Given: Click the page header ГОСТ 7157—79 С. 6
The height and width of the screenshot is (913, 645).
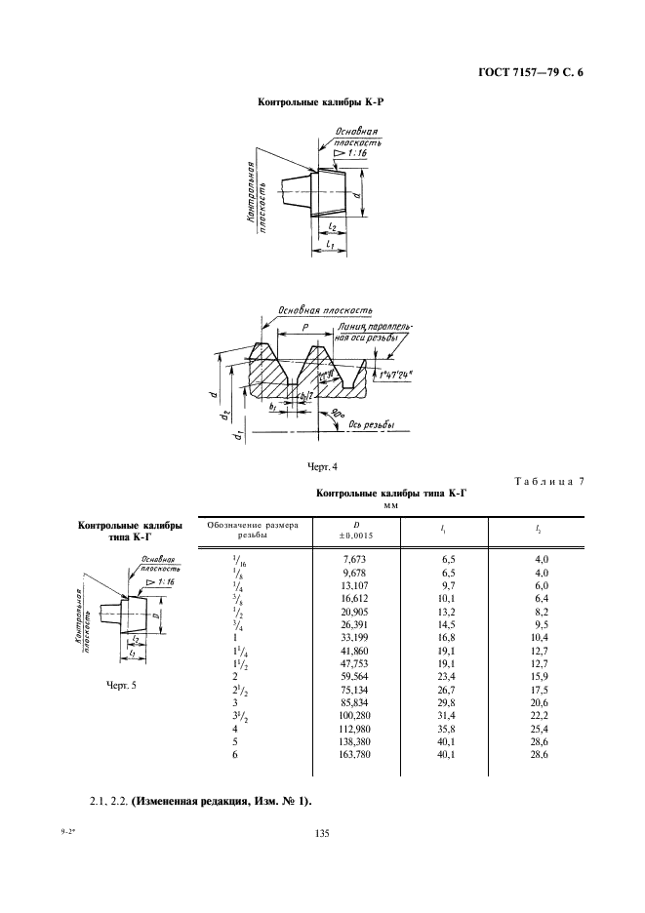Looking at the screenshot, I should click(x=537, y=70).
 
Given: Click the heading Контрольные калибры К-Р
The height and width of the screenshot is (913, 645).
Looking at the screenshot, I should click(x=326, y=101).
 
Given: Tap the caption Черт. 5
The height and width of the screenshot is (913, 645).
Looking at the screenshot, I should click(x=122, y=684).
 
